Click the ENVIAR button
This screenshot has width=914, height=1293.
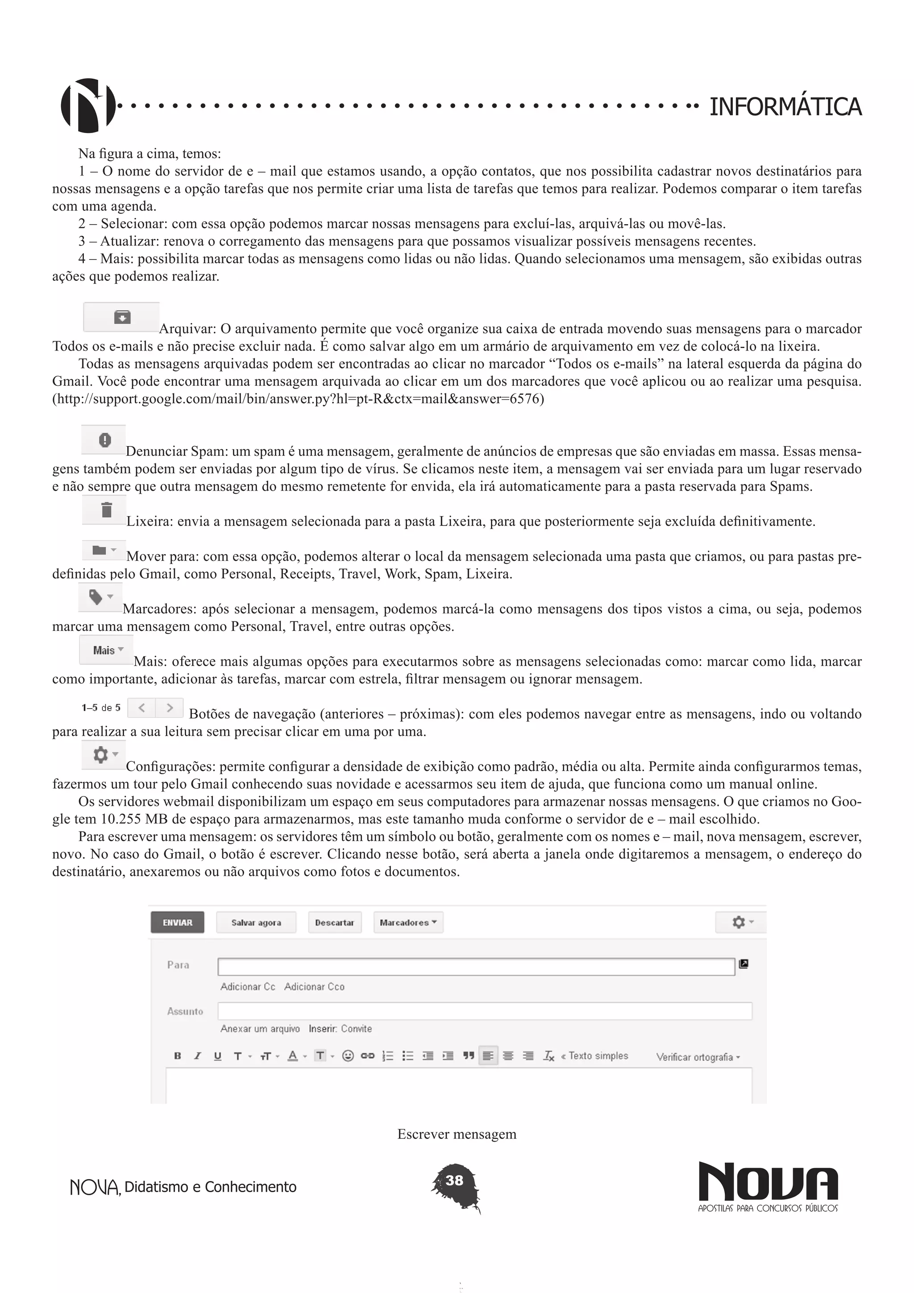click(177, 922)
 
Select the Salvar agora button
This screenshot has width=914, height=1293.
click(256, 922)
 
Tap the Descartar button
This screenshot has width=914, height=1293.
click(334, 922)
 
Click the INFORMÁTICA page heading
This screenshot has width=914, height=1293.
click(785, 107)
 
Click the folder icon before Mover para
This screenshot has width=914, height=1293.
click(99, 550)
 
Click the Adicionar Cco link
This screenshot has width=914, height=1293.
click(314, 987)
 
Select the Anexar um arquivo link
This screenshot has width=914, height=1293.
click(260, 1029)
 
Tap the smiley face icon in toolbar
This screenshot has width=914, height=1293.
click(348, 1056)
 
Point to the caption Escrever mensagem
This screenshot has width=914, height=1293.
click(457, 1134)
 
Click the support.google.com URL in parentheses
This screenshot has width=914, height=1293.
click(298, 399)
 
